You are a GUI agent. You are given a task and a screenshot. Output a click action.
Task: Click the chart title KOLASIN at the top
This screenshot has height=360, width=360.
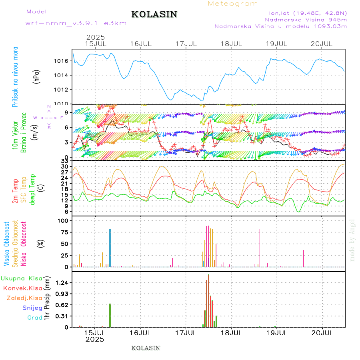[x=154, y=14]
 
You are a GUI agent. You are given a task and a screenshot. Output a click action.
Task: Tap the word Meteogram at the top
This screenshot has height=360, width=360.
[x=233, y=4]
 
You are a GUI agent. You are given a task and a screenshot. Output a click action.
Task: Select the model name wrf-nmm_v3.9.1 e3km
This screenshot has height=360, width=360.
[x=76, y=23]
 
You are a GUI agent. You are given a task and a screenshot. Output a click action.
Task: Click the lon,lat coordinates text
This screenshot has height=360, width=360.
[x=308, y=12]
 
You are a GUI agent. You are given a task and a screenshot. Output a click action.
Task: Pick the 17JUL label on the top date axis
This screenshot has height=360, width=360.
[x=186, y=44]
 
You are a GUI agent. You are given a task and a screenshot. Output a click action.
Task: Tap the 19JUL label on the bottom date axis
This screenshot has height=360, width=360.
[x=277, y=332]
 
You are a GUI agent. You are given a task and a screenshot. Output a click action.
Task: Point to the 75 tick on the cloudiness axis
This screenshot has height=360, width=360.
[x=64, y=232]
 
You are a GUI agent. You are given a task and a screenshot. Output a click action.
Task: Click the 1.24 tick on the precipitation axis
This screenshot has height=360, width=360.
[x=62, y=283]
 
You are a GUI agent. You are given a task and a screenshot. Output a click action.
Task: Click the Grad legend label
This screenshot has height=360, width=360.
[x=34, y=318]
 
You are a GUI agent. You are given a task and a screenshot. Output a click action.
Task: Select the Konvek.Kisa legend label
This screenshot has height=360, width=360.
[x=22, y=288]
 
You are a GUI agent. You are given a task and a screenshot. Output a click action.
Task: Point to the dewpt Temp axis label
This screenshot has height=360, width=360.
[x=32, y=189]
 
